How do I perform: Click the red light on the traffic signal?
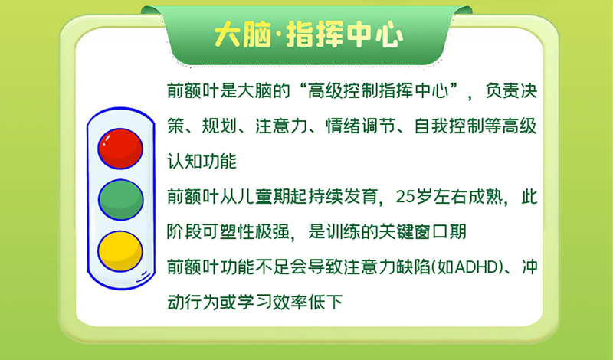pyautogui.click(x=120, y=149)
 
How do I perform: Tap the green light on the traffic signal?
pyautogui.click(x=121, y=200)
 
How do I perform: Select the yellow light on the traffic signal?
pyautogui.click(x=120, y=251)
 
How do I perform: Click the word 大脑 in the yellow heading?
pyautogui.click(x=242, y=34)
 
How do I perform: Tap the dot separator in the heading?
pyautogui.click(x=279, y=34)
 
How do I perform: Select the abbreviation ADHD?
pyautogui.click(x=478, y=267)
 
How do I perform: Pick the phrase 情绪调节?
pyautogui.click(x=361, y=126)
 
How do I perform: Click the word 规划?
pyautogui.click(x=220, y=126)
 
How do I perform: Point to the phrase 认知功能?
pyautogui.click(x=202, y=161)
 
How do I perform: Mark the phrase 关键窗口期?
pyautogui.click(x=423, y=232)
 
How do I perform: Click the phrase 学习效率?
pyautogui.click(x=273, y=302)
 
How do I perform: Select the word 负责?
pyautogui.click(x=503, y=90)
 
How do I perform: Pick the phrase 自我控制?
pyautogui.click(x=450, y=126)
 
